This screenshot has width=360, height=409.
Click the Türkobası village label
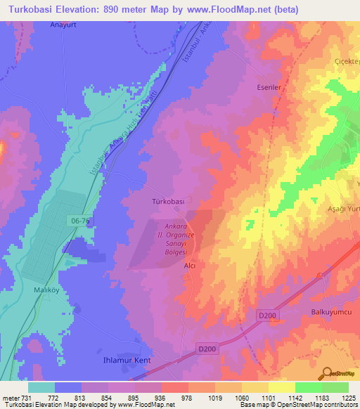168,202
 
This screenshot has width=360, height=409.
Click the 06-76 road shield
81,220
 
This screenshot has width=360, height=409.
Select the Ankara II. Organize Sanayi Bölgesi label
174,239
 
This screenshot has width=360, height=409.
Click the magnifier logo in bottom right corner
327,372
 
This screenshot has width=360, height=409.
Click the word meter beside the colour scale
10,398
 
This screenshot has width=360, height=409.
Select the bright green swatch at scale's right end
335,387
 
